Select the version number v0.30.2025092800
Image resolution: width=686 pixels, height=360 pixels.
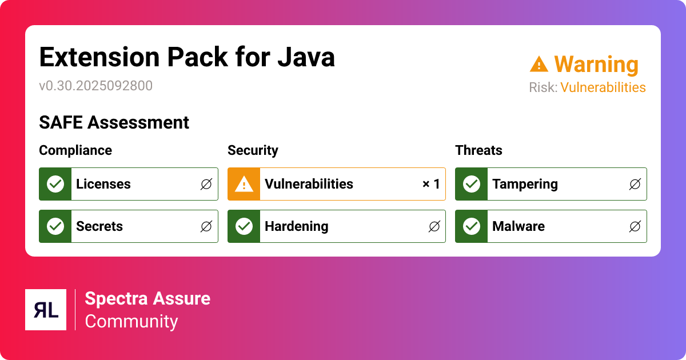point(95,86)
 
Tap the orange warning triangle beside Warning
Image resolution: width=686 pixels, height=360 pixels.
point(539,64)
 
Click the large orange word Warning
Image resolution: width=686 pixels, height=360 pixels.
point(596,65)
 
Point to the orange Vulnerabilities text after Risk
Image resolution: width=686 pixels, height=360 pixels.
point(603,87)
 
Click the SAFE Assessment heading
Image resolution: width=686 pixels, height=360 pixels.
point(114,122)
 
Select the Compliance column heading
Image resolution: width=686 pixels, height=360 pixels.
point(75,150)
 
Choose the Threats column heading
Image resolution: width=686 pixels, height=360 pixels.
point(478,150)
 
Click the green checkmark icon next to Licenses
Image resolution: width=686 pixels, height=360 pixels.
point(55,184)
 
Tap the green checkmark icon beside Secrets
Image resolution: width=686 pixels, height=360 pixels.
point(55,226)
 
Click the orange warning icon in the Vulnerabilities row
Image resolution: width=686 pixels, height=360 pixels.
point(244,184)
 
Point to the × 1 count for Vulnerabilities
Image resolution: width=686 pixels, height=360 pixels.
point(431,184)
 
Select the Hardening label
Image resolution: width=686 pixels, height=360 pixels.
point(296,226)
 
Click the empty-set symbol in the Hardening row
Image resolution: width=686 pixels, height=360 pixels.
point(434,226)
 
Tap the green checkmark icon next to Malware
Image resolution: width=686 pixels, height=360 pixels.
point(472,226)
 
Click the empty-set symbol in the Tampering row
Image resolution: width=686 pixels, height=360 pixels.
point(635,184)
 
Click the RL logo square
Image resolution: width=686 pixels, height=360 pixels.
point(46,310)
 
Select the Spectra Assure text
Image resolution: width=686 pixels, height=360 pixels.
point(147,298)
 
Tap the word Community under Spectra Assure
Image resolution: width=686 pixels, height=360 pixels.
point(131,321)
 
